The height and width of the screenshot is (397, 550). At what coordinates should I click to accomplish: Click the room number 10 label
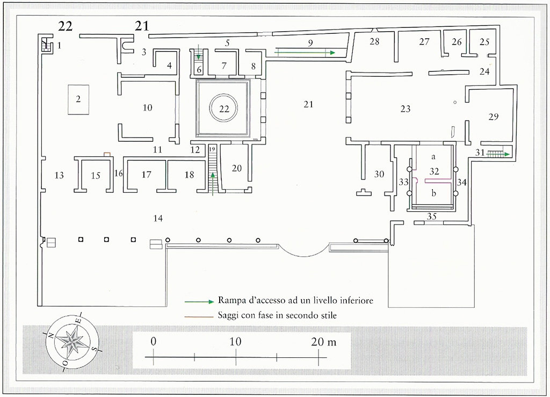click(x=147, y=108)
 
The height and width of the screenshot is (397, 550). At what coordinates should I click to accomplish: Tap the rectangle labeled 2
click(x=78, y=99)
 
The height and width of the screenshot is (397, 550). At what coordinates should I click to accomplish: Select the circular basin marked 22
click(x=224, y=109)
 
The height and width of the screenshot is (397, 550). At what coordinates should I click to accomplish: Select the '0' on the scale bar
click(x=154, y=342)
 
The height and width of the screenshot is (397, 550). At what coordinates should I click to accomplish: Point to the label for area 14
click(x=157, y=218)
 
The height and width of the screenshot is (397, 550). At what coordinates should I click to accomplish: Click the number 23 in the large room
click(x=405, y=109)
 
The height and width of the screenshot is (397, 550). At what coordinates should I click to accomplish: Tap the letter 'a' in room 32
click(x=433, y=156)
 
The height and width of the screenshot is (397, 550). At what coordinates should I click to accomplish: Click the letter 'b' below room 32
click(x=433, y=193)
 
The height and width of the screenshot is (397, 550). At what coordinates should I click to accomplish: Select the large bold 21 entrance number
click(x=142, y=26)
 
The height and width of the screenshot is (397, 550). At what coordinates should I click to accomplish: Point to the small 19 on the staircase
click(x=212, y=149)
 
